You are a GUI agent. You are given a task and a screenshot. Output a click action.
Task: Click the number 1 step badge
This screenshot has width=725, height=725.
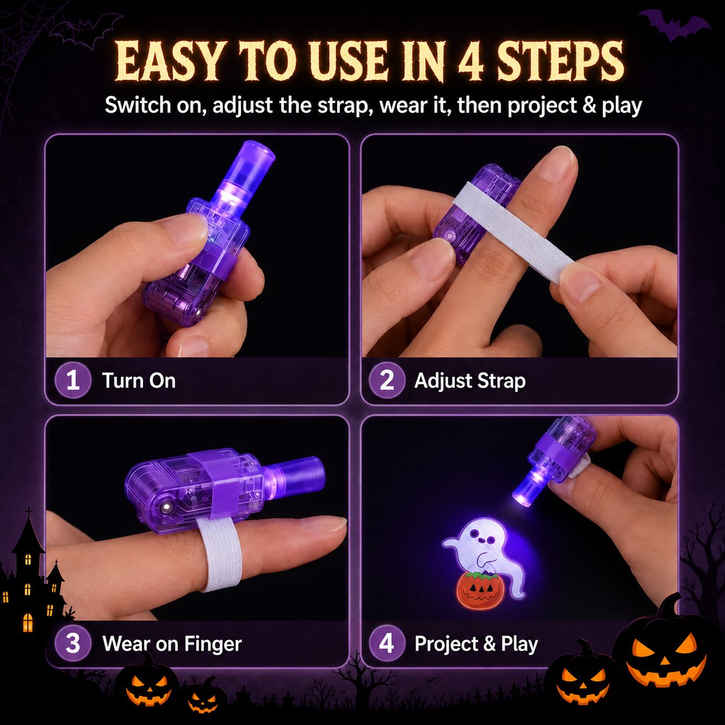pyautogui.click(x=73, y=380)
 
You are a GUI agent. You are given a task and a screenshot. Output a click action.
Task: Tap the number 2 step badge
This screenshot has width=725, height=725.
pyautogui.click(x=387, y=380)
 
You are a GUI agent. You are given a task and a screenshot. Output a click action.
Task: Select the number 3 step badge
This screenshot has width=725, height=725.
pyautogui.click(x=73, y=643)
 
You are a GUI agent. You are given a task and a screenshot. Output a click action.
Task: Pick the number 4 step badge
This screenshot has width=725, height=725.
pyautogui.click(x=387, y=643)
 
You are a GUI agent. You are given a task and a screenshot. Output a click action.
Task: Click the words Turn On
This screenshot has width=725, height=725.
pyautogui.click(x=139, y=380)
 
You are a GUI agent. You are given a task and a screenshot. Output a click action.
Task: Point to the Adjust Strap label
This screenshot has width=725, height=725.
pyautogui.click(x=470, y=381)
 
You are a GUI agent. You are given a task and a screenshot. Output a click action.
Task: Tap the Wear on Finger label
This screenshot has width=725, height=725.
pyautogui.click(x=172, y=643)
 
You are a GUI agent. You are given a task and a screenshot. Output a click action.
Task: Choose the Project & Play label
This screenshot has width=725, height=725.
pyautogui.click(x=476, y=643)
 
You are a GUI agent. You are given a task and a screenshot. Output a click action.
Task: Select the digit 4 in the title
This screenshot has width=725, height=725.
pyautogui.click(x=470, y=62)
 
